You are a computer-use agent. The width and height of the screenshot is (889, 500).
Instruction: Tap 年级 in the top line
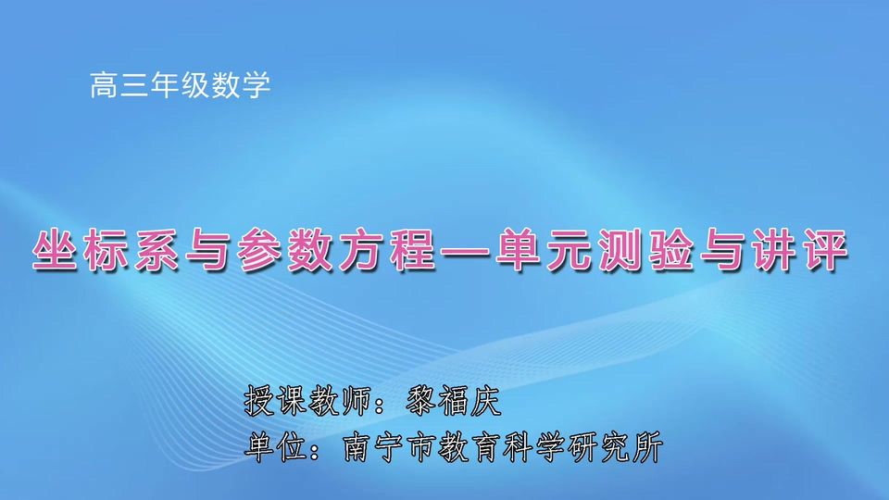(x=181, y=87)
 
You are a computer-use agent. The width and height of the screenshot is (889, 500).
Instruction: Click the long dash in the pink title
(x=462, y=251)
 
